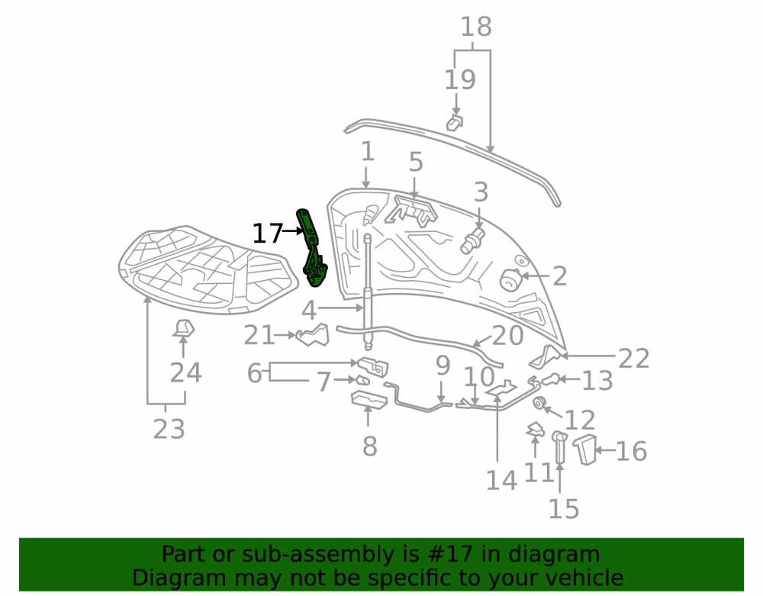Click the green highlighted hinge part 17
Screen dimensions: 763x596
311,248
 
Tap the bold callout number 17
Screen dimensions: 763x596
267,234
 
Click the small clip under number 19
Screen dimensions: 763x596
455,123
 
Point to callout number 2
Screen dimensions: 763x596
559,275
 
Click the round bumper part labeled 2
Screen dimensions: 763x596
510,280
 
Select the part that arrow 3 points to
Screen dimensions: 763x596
472,241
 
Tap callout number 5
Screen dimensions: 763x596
416,162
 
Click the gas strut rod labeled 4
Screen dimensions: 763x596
368,292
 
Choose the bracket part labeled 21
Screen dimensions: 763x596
313,335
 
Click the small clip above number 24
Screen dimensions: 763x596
183,328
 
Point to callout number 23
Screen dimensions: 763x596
169,429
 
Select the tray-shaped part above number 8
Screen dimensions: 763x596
369,399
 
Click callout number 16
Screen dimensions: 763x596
631,451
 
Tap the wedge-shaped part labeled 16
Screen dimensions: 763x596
584,449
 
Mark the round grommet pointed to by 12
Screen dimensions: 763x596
539,403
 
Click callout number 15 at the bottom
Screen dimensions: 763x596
564,509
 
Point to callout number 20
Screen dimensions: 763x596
507,335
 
